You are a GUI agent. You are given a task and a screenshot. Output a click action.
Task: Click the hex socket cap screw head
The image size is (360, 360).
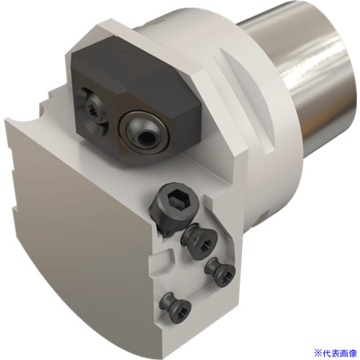point(174,207)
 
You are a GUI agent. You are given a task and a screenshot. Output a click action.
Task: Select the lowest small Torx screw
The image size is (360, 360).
point(176,308)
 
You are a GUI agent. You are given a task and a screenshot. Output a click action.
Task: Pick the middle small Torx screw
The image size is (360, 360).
point(220,272)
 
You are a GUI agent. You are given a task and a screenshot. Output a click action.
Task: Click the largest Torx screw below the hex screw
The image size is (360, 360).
point(199,242)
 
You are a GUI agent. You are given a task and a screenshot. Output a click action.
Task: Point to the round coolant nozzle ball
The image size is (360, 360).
point(143,132)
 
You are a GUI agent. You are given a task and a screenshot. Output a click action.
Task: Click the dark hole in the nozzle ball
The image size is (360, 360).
point(146,138)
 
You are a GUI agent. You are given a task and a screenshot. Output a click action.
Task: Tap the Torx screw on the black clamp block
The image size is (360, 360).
point(92,111)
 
